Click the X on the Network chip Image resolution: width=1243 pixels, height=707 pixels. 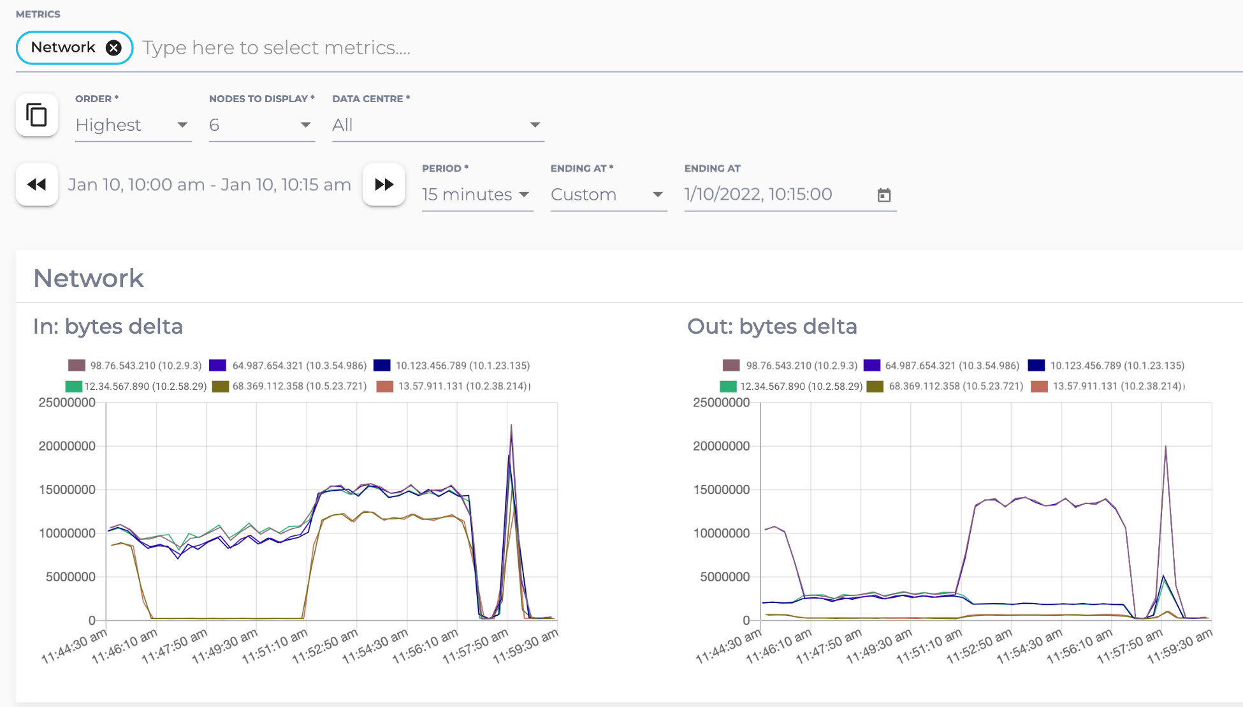113,48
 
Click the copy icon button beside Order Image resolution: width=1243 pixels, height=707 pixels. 37,115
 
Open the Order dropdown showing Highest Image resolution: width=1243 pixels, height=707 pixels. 133,125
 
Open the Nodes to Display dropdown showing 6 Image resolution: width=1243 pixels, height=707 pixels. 261,125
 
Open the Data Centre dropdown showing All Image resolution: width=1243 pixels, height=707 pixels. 437,125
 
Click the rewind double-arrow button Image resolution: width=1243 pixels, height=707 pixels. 37,185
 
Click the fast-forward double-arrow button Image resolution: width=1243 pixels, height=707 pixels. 384,185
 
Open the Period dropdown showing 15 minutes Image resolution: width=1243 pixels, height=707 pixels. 476,195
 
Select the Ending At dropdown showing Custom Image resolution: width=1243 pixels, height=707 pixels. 607,195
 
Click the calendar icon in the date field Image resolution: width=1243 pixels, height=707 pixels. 884,195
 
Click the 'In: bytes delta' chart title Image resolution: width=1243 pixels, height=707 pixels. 108,327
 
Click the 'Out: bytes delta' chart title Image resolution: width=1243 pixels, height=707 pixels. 772,327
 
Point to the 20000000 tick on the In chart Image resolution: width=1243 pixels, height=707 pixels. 67,446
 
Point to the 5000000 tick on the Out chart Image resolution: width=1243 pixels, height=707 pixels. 725,577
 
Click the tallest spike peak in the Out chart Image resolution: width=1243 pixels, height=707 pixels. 1166,447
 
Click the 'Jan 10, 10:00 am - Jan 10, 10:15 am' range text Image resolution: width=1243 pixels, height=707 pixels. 210,185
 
